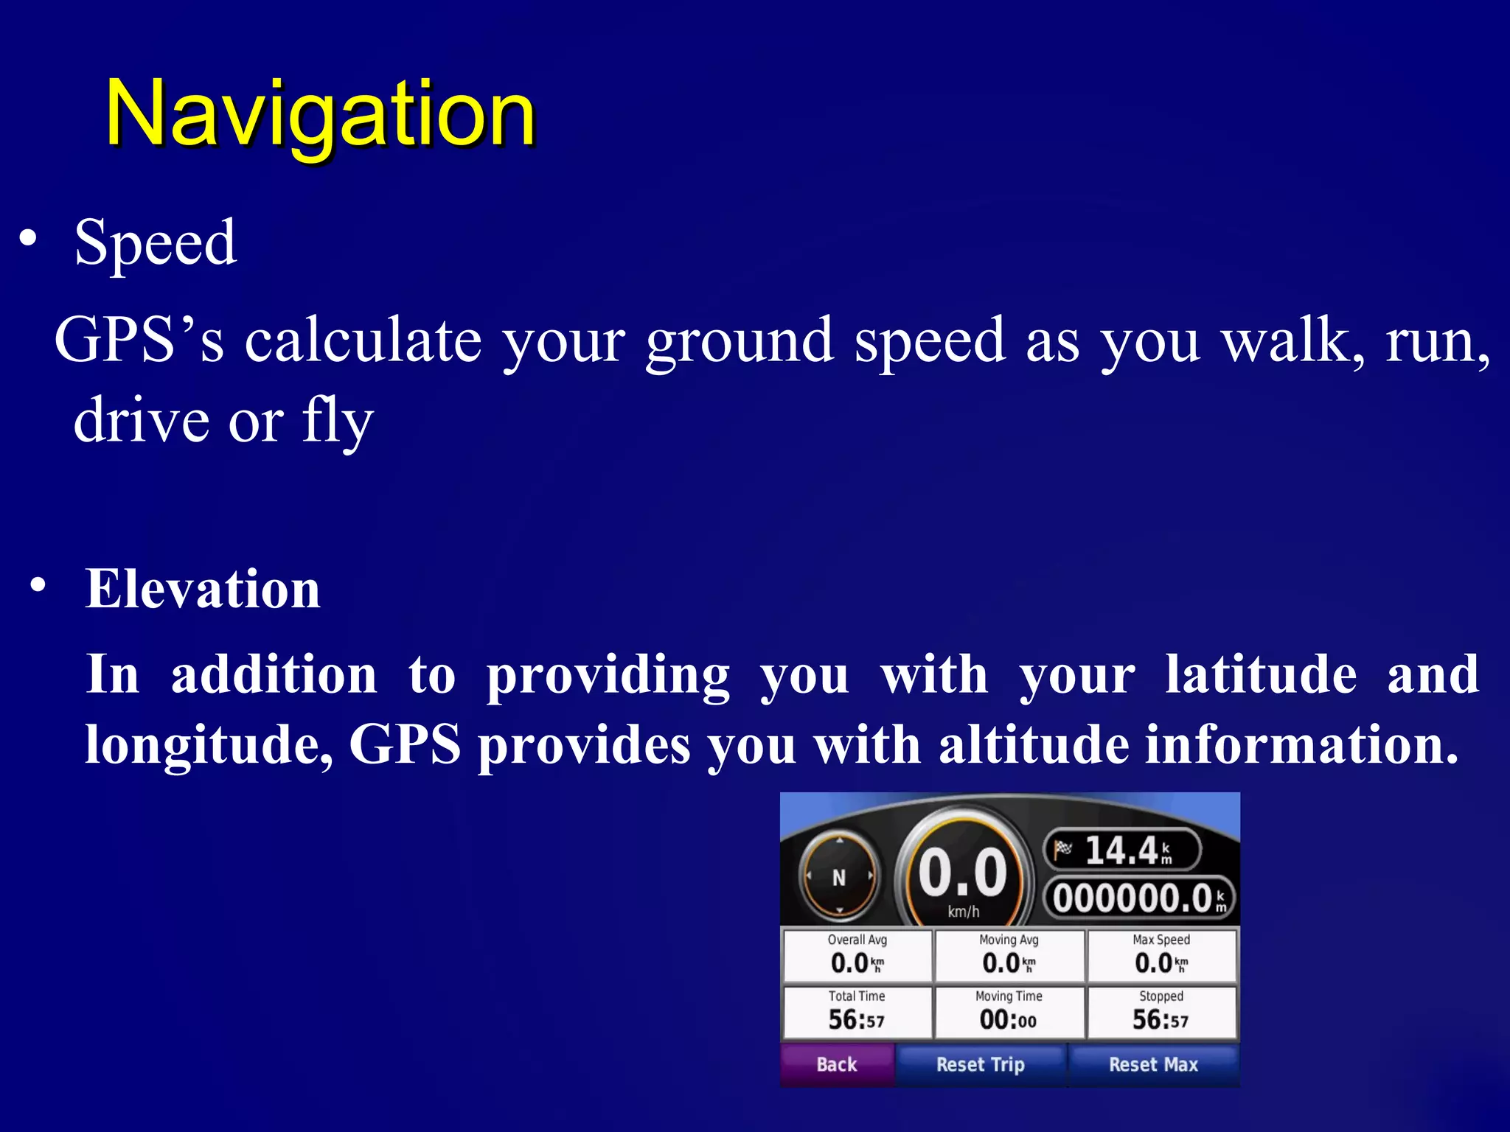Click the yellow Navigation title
(321, 114)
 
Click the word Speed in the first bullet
(156, 242)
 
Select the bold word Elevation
(203, 589)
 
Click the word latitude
(1261, 674)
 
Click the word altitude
(1032, 744)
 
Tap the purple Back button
(837, 1064)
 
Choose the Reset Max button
(1153, 1064)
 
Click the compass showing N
(839, 877)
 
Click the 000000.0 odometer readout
(1139, 898)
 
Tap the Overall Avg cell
(857, 956)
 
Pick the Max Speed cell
(1161, 956)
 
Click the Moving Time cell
(1009, 1013)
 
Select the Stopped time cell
(1161, 1013)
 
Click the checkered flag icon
(1062, 849)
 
